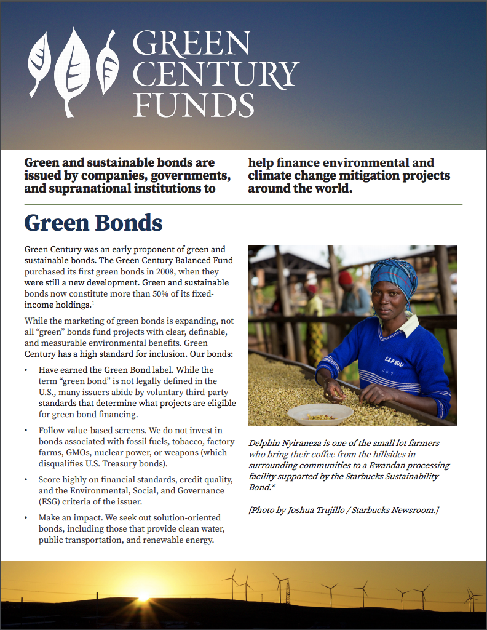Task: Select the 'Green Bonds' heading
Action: pos(93,223)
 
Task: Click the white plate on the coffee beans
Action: pos(320,414)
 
